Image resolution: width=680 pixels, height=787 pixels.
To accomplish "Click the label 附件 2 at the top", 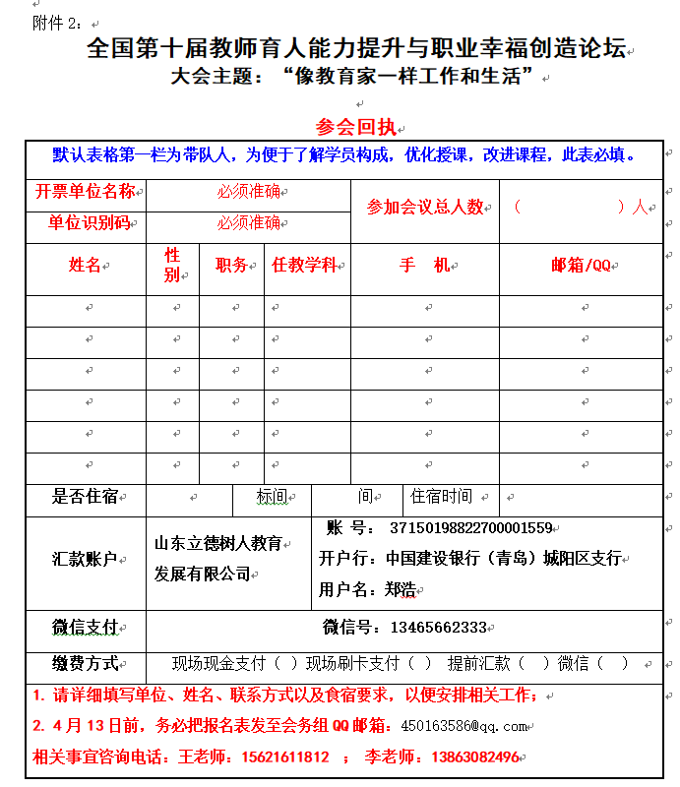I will pyautogui.click(x=56, y=23).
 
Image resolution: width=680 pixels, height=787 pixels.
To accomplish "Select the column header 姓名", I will pyautogui.click(x=86, y=266).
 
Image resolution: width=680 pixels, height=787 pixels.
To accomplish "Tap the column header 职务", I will pyautogui.click(x=231, y=266).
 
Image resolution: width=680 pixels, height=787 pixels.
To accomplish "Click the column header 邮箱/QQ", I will pyautogui.click(x=582, y=266).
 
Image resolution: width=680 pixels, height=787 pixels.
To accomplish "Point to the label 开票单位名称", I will pyautogui.click(x=85, y=191).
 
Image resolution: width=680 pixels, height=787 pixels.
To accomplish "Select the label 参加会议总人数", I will pyautogui.click(x=425, y=207).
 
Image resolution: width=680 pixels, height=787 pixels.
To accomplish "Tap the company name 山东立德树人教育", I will pyautogui.click(x=218, y=543).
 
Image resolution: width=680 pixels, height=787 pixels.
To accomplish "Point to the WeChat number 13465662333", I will pyautogui.click(x=438, y=628).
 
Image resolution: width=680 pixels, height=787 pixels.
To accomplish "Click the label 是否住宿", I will pyautogui.click(x=85, y=497).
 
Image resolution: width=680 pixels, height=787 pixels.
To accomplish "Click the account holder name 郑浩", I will pyautogui.click(x=400, y=590).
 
